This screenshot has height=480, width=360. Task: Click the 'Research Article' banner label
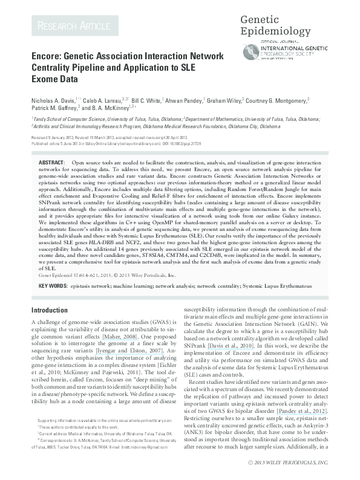point(73,25)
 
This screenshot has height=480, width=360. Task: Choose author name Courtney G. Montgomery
point(277,100)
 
